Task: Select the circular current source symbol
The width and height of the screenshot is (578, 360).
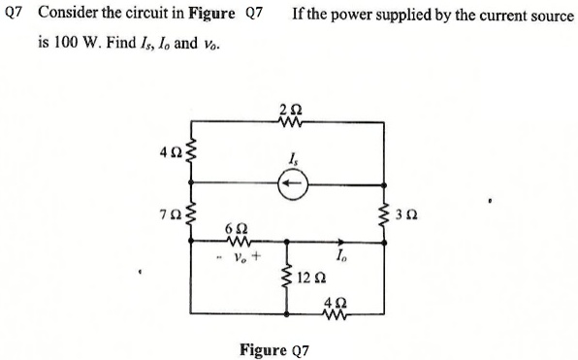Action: (291, 182)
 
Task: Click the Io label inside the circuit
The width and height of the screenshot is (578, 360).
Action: (341, 255)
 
